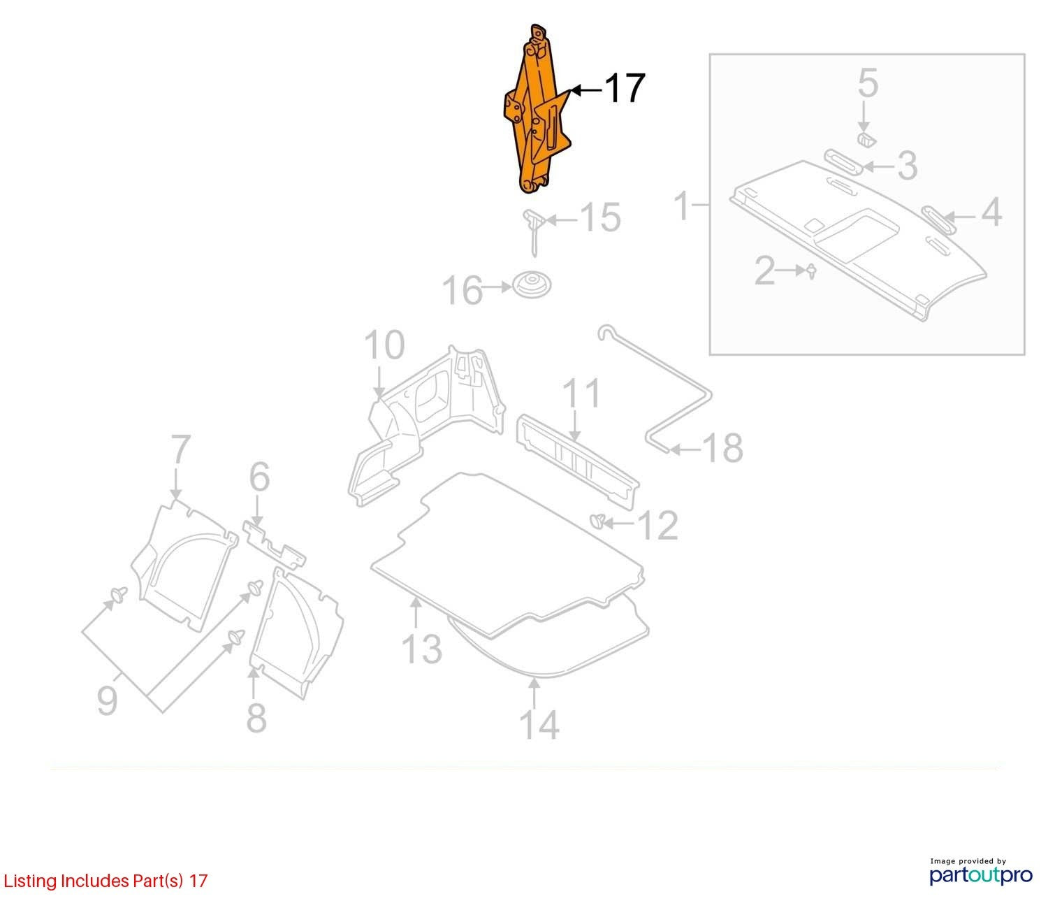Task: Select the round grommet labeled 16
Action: click(x=532, y=284)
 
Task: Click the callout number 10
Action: click(x=384, y=345)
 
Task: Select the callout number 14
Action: click(x=539, y=725)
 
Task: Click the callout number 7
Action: click(x=181, y=449)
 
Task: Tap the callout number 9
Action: click(x=108, y=700)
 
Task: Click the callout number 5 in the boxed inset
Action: click(x=868, y=83)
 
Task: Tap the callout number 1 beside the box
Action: click(x=683, y=206)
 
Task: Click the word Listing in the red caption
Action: click(x=31, y=881)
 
